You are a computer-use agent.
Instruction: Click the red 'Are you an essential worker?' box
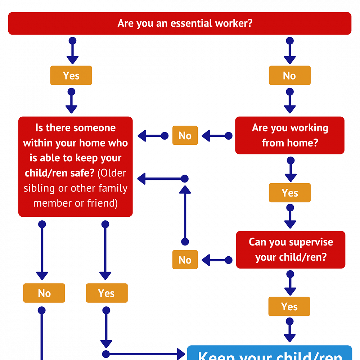point(180,23)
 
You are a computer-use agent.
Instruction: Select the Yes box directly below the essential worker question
point(71,76)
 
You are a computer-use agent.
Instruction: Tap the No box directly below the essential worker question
point(289,76)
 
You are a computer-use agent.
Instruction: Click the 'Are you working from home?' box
point(290,135)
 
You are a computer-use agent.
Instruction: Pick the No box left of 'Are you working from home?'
point(185,136)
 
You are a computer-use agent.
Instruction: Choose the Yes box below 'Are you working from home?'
point(290,193)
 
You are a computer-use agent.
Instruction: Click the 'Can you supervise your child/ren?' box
point(291,249)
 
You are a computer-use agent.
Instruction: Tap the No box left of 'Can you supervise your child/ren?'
point(185,260)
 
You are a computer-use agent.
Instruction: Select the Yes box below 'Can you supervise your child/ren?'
point(289,306)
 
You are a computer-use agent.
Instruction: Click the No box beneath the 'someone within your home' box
point(44,293)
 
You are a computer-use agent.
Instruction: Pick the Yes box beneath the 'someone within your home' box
point(107,293)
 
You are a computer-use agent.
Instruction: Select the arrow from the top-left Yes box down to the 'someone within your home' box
point(71,102)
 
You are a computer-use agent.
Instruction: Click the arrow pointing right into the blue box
point(144,354)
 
